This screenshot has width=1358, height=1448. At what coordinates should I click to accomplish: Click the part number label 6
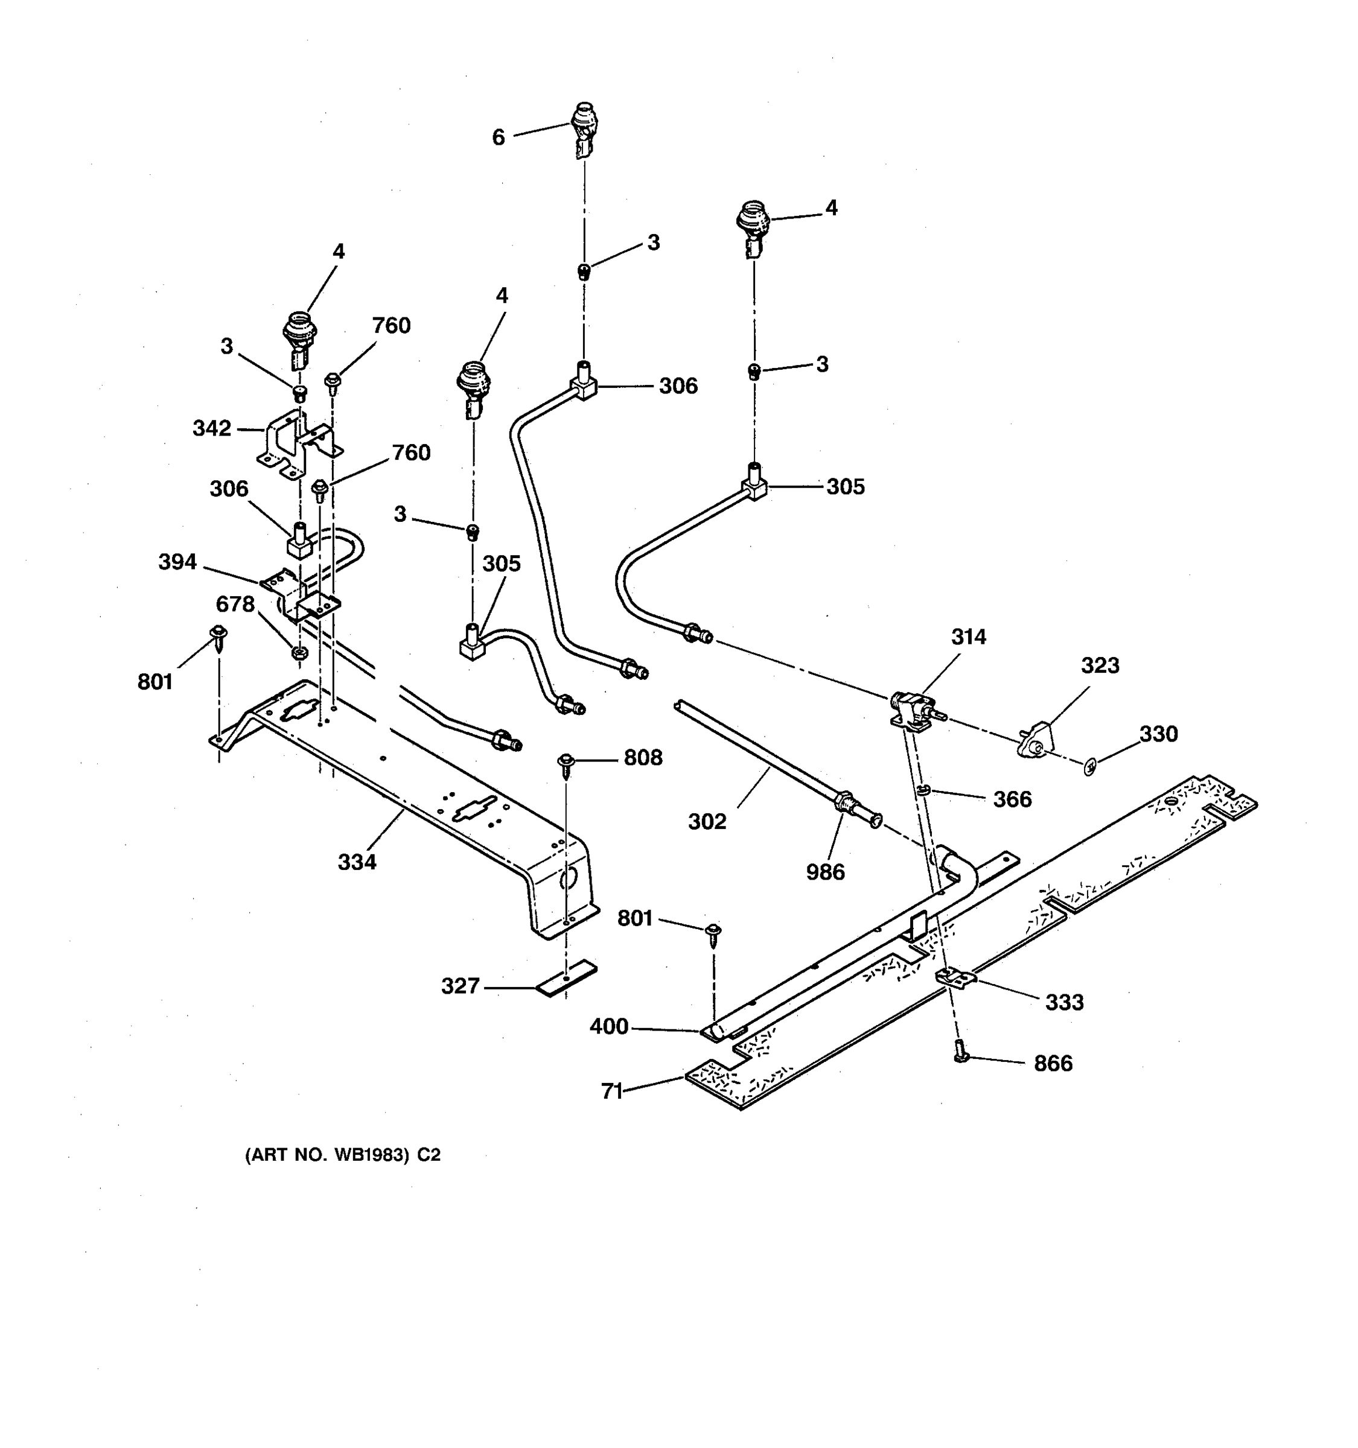point(499,137)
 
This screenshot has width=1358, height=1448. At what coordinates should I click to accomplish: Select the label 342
point(211,428)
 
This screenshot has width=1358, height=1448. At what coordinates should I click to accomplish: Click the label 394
point(178,562)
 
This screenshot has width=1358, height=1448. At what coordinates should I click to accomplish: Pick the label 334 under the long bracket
point(357,862)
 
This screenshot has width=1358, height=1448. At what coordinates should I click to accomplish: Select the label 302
point(707,822)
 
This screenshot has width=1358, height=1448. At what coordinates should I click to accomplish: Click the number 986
point(826,871)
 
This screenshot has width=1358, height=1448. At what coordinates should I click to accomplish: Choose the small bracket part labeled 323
point(1036,741)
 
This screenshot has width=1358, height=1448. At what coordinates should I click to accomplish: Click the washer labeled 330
point(1090,766)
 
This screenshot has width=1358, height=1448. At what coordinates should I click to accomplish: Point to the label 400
point(609,1026)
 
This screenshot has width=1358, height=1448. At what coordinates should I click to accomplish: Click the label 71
point(611,1090)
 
